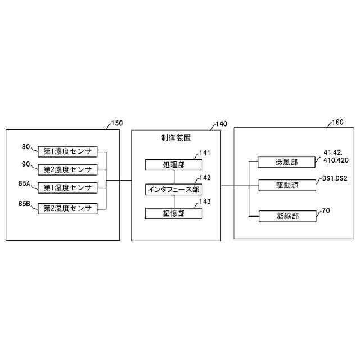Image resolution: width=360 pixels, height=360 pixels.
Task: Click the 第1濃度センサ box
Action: (x=67, y=151)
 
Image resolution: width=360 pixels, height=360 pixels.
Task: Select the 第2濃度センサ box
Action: (x=67, y=169)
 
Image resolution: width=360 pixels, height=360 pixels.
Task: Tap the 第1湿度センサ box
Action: (x=67, y=187)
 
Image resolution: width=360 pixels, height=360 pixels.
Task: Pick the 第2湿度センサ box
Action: (x=67, y=208)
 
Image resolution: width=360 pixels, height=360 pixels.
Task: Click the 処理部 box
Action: (x=173, y=165)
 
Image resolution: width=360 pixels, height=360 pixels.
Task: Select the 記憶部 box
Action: (x=173, y=213)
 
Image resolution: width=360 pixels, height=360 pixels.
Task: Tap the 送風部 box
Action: (x=286, y=162)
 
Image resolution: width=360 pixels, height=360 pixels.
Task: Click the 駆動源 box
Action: (x=286, y=184)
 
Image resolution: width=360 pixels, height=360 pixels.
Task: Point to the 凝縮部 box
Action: (x=286, y=215)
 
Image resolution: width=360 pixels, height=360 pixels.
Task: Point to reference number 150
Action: (x=116, y=123)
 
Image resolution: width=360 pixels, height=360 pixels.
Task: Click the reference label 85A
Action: (x=26, y=183)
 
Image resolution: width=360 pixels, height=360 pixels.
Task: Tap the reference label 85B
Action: (x=26, y=205)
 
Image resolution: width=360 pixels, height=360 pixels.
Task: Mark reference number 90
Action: (x=26, y=164)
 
